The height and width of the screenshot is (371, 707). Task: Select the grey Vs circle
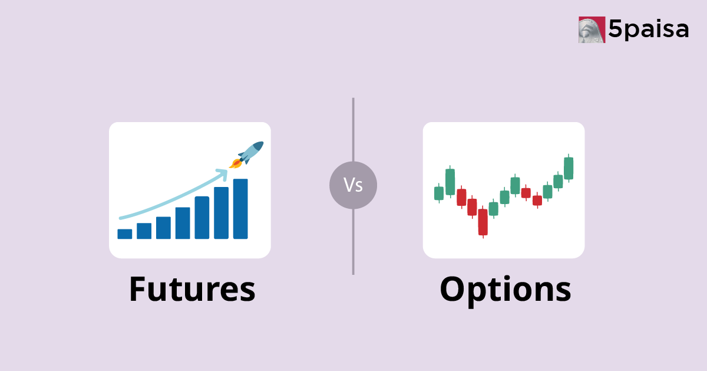(x=353, y=186)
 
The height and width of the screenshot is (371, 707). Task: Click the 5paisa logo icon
(x=592, y=29)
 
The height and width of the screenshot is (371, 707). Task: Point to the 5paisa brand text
(x=648, y=29)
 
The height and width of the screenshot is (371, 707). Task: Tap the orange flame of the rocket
(x=236, y=163)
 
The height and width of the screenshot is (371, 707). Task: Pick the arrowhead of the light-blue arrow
(x=223, y=173)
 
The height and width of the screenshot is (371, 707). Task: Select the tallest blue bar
(x=240, y=209)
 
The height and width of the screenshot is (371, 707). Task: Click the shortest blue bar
(x=125, y=234)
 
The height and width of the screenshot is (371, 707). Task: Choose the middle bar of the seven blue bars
(x=183, y=223)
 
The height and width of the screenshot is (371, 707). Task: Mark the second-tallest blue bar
(x=221, y=213)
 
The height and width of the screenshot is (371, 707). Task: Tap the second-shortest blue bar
(x=144, y=231)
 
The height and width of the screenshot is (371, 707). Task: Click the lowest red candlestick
(x=483, y=222)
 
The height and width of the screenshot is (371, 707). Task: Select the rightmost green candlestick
(x=569, y=168)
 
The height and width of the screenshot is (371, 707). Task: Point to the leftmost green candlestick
(x=438, y=193)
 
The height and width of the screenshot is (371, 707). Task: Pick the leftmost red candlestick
(x=461, y=197)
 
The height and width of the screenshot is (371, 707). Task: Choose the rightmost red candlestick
(x=537, y=200)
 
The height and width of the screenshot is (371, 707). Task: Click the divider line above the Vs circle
(x=353, y=130)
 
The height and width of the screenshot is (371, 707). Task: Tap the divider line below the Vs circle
(x=353, y=242)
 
